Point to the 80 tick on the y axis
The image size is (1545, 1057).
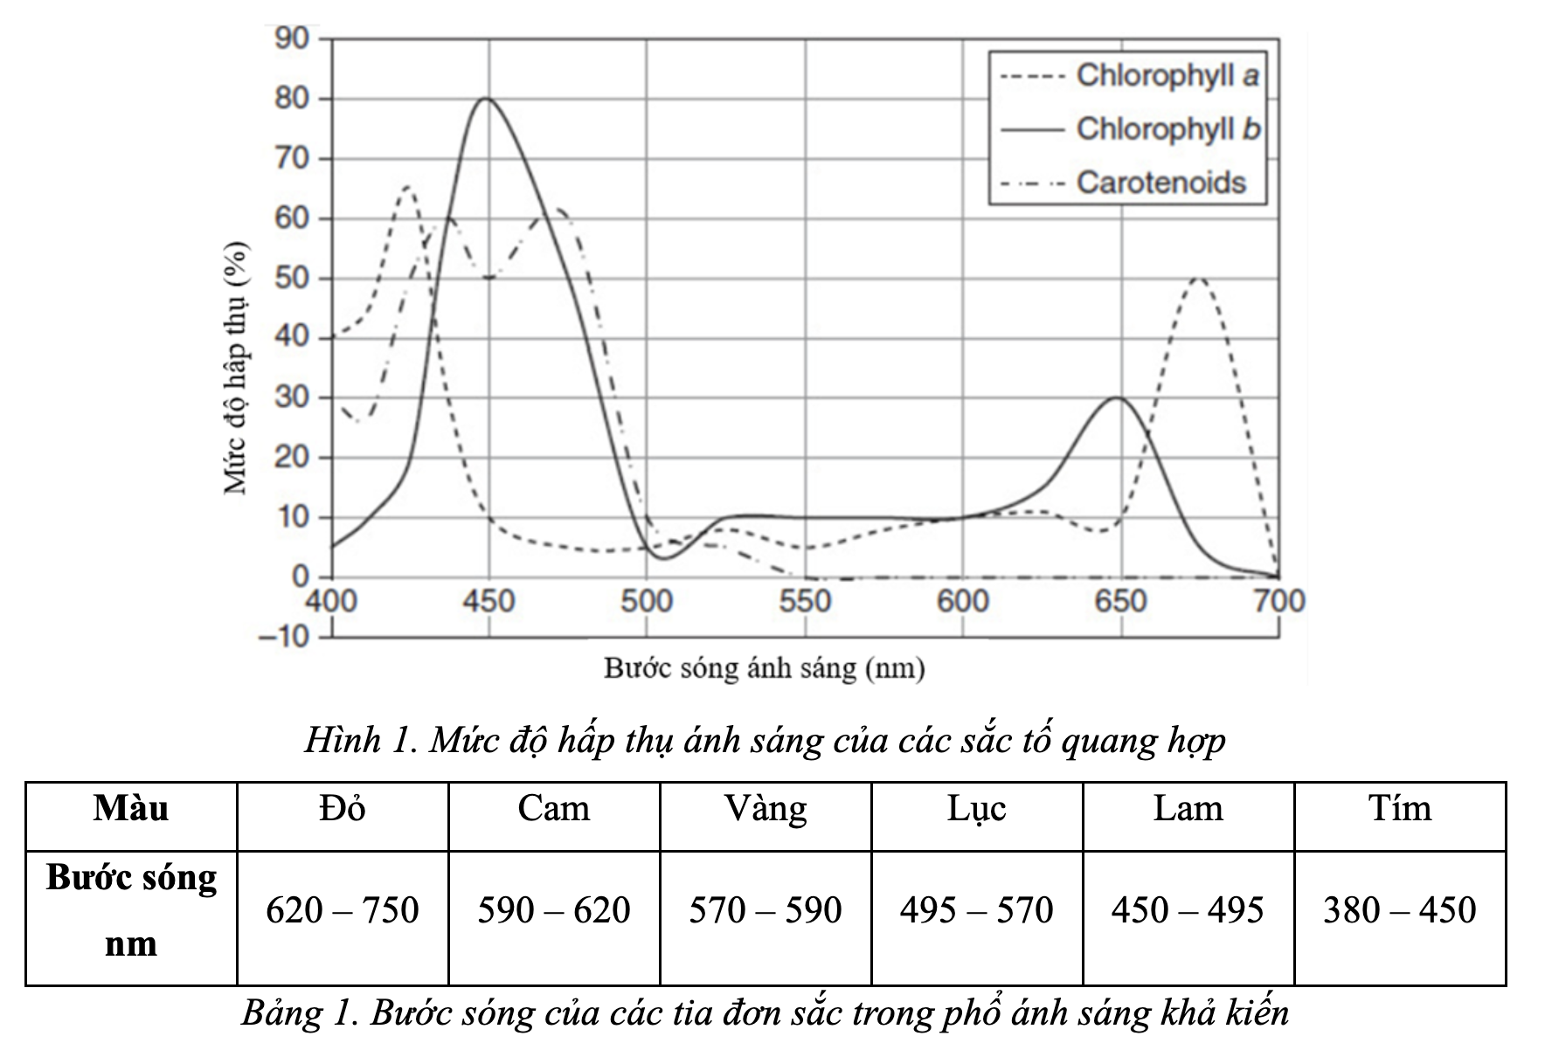[292, 99]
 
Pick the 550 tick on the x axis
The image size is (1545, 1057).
[805, 601]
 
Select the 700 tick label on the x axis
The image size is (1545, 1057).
[1279, 601]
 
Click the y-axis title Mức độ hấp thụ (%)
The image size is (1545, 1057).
[236, 367]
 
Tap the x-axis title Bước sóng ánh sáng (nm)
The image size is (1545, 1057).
[764, 669]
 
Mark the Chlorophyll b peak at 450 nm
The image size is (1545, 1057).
[487, 99]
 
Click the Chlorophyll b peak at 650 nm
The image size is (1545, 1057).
[1118, 398]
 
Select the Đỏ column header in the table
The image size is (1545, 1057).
[343, 809]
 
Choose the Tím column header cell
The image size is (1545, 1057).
[1400, 809]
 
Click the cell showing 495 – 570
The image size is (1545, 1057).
[976, 911]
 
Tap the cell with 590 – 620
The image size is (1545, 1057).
[554, 911]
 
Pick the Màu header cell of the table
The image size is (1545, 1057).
[131, 809]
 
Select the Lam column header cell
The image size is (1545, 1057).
[1188, 809]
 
